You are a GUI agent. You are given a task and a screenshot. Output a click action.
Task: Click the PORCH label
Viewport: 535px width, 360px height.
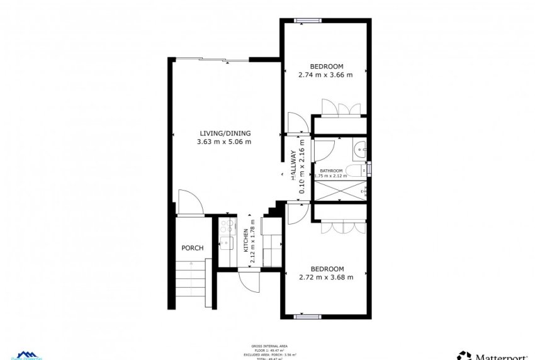pos(193,248)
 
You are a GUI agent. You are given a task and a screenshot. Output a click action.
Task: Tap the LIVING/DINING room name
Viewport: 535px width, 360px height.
pos(225,133)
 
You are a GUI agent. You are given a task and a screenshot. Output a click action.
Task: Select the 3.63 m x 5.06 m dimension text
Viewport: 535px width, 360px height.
pos(225,142)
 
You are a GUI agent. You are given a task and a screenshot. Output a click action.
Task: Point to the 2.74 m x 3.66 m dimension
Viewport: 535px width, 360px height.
pos(325,75)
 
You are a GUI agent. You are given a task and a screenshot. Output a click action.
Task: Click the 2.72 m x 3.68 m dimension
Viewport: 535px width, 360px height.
pos(325,277)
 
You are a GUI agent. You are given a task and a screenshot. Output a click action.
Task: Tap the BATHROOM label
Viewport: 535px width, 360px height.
pos(331,171)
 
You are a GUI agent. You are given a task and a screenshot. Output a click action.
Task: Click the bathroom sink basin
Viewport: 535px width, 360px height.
pos(359,151)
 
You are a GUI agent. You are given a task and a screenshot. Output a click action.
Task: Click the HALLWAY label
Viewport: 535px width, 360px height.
pos(293,166)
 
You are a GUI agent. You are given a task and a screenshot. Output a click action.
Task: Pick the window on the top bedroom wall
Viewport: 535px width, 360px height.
pos(308,21)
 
